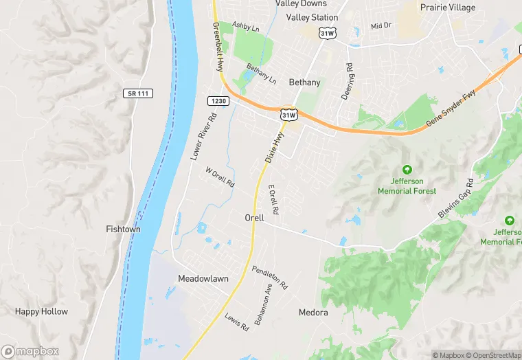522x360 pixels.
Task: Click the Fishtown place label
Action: click(123, 229)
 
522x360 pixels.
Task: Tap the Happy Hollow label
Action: click(41, 311)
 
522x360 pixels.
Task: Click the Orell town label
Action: click(254, 218)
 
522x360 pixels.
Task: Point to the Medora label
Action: click(313, 313)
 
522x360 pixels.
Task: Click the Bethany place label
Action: click(304, 82)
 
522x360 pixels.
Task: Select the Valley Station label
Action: click(312, 17)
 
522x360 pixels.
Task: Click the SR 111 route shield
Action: click(139, 93)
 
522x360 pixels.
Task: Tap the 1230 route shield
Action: click(217, 100)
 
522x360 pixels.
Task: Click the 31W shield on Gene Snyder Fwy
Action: click(288, 114)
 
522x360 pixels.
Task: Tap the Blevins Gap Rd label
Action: click(456, 199)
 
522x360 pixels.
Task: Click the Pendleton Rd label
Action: click(269, 276)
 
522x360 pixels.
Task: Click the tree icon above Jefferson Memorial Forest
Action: click(407, 170)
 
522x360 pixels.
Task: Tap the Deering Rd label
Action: click(348, 82)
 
